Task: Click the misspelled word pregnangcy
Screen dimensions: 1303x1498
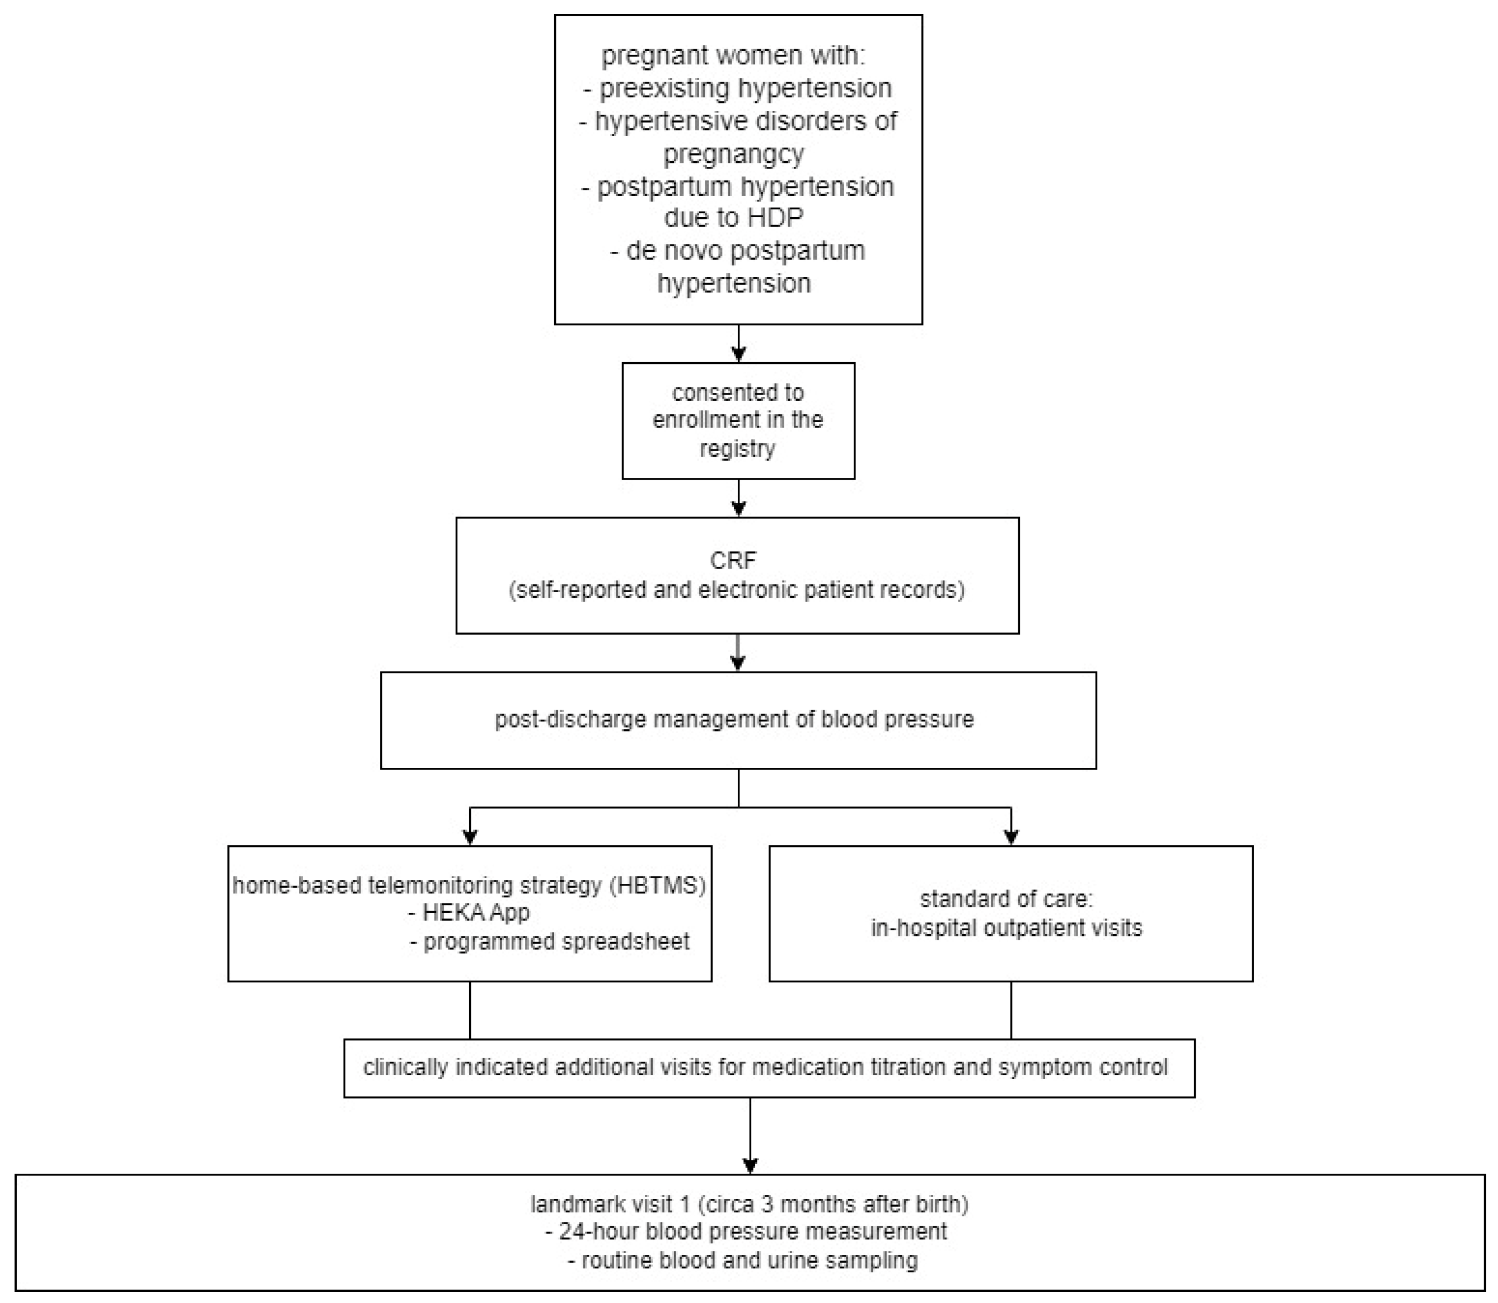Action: (734, 153)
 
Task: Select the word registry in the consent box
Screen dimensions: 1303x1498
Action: (737, 449)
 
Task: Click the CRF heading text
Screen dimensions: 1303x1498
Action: (733, 561)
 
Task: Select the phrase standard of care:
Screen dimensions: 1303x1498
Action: (1007, 899)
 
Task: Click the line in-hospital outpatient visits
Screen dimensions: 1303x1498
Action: (1007, 929)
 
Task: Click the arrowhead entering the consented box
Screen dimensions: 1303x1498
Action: (738, 355)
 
